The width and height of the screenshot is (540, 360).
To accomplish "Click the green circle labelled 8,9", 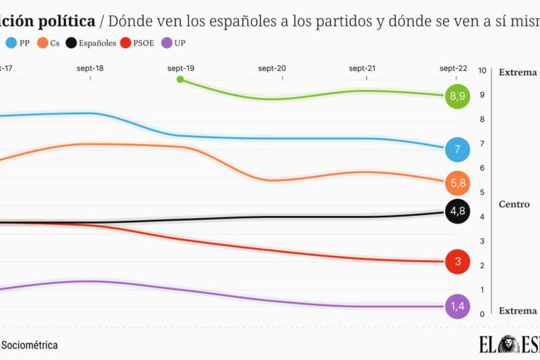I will pyautogui.click(x=457, y=96).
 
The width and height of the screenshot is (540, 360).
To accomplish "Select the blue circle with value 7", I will pyautogui.click(x=457, y=149).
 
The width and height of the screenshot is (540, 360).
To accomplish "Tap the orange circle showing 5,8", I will pyautogui.click(x=457, y=184).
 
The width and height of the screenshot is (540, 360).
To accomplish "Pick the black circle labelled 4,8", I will pyautogui.click(x=457, y=211).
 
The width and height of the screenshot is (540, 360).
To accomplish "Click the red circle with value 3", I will pyautogui.click(x=457, y=262).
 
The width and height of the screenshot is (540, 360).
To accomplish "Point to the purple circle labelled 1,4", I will pyautogui.click(x=457, y=307).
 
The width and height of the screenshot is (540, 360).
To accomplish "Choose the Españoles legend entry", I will pyautogui.click(x=91, y=43).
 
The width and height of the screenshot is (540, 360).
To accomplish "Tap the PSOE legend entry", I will pyautogui.click(x=140, y=43).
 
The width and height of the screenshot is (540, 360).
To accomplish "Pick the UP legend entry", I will pyautogui.click(x=175, y=43).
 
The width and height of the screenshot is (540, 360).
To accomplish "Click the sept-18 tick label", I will pyautogui.click(x=90, y=68).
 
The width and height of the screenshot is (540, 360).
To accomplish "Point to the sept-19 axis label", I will pyautogui.click(x=181, y=68).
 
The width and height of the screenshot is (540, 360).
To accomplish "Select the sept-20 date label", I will pyautogui.click(x=271, y=68).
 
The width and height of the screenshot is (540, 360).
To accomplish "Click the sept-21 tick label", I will pyautogui.click(x=362, y=68).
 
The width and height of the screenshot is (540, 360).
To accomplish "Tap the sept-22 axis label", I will pyautogui.click(x=453, y=68).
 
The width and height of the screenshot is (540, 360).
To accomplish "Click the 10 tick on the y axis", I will pyautogui.click(x=482, y=70).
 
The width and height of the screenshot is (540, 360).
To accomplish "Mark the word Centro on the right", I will pyautogui.click(x=514, y=205).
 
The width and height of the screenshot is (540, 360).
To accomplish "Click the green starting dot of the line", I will pyautogui.click(x=180, y=79).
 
